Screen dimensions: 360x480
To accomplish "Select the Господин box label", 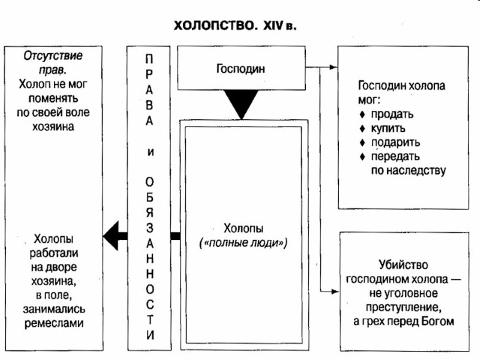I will click(241, 68).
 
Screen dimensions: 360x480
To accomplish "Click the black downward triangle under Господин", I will click(241, 106).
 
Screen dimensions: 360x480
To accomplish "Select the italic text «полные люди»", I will click(244, 244).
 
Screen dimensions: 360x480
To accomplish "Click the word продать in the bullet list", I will click(391, 114).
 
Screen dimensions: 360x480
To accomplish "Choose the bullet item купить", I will click(388, 128).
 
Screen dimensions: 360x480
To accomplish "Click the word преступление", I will click(402, 308).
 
